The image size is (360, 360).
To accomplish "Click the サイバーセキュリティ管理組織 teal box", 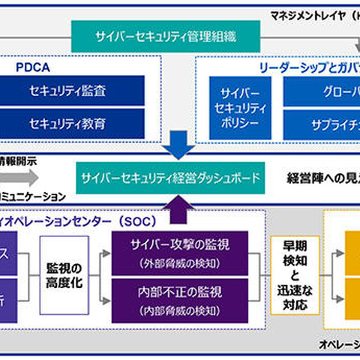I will [x=166, y=36].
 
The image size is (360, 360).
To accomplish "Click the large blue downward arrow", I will [x=178, y=144].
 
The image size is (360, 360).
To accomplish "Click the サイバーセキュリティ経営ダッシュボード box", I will [x=171, y=178].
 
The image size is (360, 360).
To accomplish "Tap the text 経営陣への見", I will [x=322, y=178].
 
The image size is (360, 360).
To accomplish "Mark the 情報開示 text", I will [x=18, y=160].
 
